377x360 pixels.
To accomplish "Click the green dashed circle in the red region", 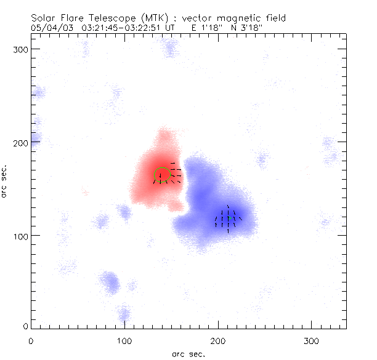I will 161,174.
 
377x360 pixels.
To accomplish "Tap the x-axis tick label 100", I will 124,340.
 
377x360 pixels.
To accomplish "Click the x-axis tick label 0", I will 31,340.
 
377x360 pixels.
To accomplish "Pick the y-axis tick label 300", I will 20,49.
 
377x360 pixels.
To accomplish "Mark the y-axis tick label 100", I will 20,236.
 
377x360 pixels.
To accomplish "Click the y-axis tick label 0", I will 25,326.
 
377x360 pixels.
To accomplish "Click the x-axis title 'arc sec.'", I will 188,354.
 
